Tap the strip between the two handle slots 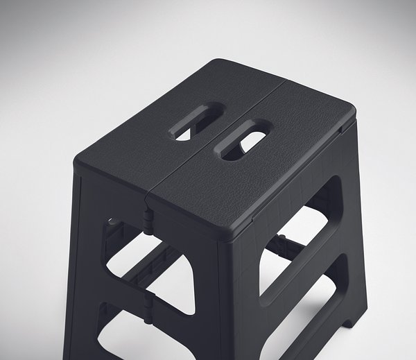pos(220,131)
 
